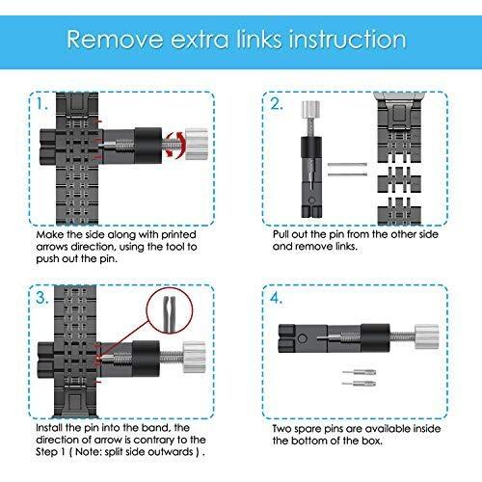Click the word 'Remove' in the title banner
[115, 40]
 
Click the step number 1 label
[41, 104]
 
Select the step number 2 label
[276, 104]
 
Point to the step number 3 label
[41, 298]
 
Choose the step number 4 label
[276, 298]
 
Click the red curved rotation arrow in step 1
[176, 145]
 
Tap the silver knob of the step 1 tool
[197, 145]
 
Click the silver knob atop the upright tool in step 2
[310, 109]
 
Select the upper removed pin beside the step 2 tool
[347, 165]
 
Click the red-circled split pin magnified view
[170, 311]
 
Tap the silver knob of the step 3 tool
[195, 357]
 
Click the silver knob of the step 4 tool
[427, 336]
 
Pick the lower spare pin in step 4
[359, 383]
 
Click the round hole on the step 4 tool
[303, 338]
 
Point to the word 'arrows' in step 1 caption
[52, 247]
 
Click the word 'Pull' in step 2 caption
[280, 234]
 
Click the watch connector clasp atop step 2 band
[399, 111]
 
